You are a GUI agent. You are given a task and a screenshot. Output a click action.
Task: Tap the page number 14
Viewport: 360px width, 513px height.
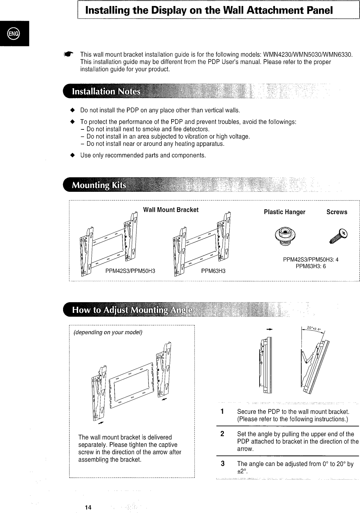tap(88, 507)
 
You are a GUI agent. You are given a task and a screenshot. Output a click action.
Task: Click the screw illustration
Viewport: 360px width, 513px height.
tap(337, 235)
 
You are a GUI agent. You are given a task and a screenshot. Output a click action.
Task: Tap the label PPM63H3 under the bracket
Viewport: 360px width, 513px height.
tap(213, 271)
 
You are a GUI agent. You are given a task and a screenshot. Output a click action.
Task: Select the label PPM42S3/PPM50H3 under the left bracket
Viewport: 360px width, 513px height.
tap(130, 271)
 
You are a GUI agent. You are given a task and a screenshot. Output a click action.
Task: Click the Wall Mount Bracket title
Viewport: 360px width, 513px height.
tap(170, 210)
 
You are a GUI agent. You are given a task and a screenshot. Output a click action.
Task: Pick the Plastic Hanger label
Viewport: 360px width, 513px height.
tap(284, 212)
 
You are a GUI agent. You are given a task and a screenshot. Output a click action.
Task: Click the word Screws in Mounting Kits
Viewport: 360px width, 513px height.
tap(337, 212)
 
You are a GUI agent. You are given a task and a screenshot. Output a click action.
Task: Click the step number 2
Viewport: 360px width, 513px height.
tap(222, 434)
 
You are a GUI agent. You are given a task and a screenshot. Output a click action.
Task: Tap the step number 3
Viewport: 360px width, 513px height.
tap(222, 464)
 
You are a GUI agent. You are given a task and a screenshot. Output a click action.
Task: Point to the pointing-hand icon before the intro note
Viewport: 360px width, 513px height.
tap(69, 54)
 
